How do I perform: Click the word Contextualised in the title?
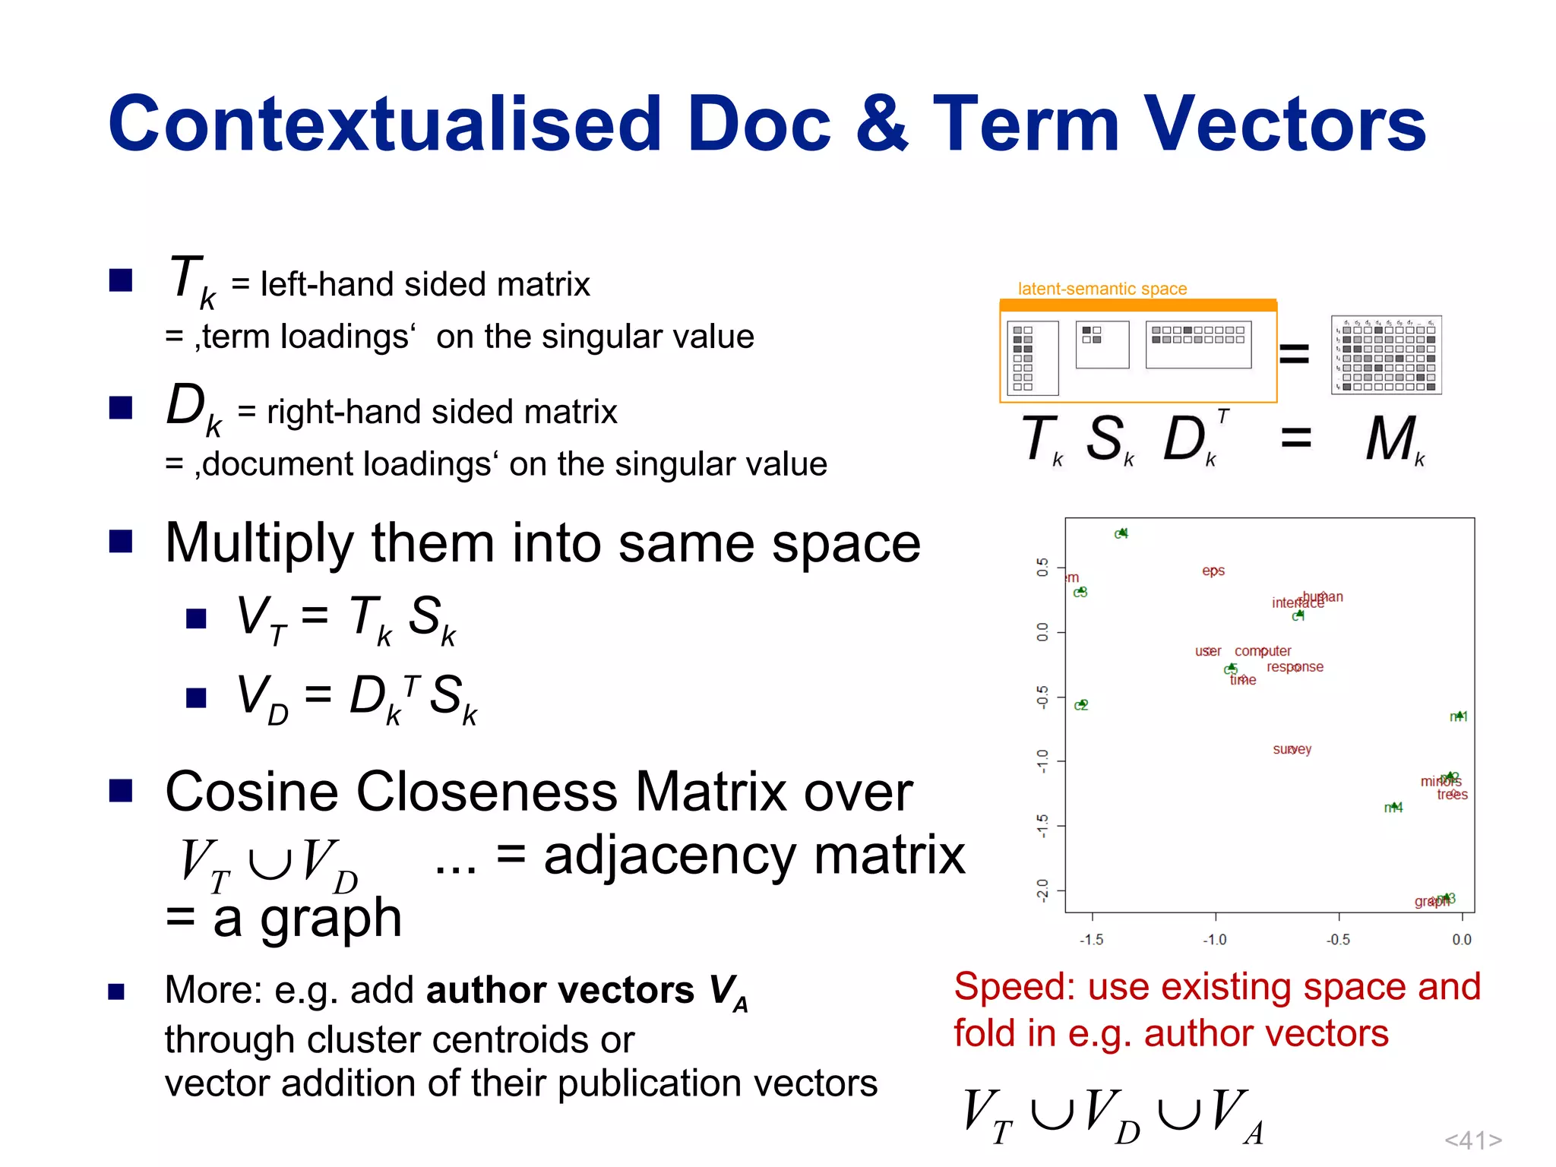coord(384,124)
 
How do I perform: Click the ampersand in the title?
coord(881,124)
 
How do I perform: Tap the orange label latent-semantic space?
coord(1102,289)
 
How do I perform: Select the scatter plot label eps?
coord(1213,571)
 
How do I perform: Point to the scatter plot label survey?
coord(1292,749)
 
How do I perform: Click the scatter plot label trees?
coord(1452,795)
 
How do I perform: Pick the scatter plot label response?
coord(1295,667)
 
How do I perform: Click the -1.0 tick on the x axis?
coord(1215,940)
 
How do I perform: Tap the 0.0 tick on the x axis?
coord(1462,940)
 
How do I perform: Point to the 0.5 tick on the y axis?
coord(1042,567)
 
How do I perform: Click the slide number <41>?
coord(1473,1140)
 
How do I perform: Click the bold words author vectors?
coord(560,990)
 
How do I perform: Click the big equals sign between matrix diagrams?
coord(1295,354)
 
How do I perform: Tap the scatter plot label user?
coord(1208,651)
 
